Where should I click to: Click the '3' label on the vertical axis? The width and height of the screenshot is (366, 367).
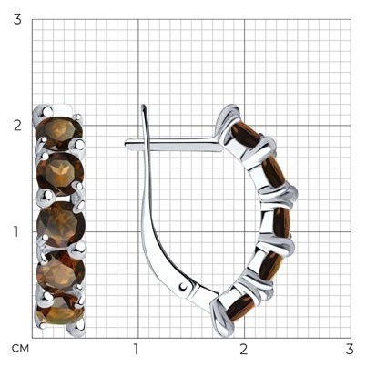coord(17,19)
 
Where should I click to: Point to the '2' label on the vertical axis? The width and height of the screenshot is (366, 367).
coord(17,126)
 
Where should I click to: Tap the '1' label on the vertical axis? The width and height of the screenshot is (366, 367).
coord(15,231)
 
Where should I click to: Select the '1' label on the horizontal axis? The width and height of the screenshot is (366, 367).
coord(136,350)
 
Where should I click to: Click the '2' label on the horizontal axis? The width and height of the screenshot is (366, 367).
coord(243,350)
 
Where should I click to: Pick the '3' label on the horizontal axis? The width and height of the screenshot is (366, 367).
coord(350,350)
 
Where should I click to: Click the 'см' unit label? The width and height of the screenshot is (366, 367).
coord(20,349)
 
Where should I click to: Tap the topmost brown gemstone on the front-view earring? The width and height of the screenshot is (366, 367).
coord(59,132)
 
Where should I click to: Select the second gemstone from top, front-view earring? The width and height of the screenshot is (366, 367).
coord(60,174)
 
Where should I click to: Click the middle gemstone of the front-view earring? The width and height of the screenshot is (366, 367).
coord(61,224)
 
